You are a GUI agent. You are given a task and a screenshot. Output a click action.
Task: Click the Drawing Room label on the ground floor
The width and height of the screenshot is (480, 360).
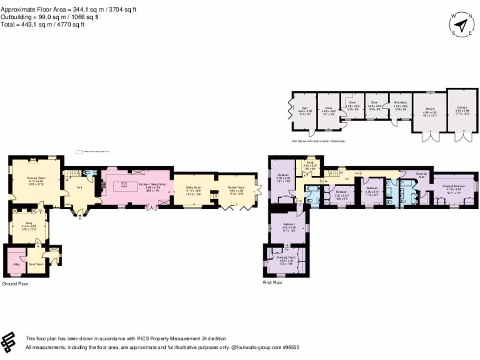(x=35, y=178)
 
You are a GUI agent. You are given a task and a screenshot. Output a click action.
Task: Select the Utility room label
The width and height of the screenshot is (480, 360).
(x=16, y=264)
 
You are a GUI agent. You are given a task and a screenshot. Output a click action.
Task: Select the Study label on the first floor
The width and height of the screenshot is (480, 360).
(x=309, y=163)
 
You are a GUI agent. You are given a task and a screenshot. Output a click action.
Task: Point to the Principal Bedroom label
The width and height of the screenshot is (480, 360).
(x=452, y=186)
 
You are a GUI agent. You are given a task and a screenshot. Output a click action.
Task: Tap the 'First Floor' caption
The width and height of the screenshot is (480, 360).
(x=273, y=283)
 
